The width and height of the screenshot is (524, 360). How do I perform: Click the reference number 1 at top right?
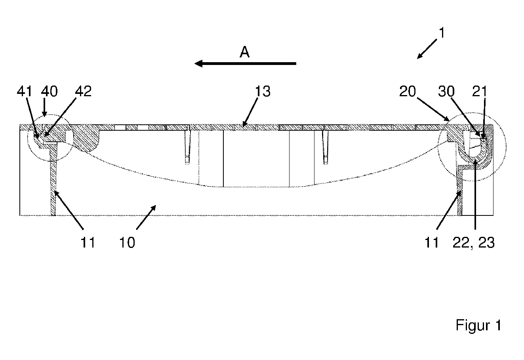click(442, 33)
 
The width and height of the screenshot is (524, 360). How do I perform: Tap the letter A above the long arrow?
click(245, 52)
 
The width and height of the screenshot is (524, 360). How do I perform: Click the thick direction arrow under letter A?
click(246, 63)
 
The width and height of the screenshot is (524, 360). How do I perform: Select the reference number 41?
click(24, 91)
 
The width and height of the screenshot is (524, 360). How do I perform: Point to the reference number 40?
click(50, 91)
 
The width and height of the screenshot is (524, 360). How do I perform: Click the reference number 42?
click(83, 91)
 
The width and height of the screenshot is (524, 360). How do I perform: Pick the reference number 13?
click(263, 91)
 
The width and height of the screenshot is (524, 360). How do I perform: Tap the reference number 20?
click(408, 91)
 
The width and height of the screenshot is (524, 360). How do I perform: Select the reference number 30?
click(446, 91)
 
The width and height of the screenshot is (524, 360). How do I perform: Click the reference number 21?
click(480, 91)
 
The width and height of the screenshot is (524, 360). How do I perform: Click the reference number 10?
click(127, 242)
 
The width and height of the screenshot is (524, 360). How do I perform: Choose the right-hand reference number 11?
click(432, 242)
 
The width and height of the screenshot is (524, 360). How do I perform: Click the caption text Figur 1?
click(478, 325)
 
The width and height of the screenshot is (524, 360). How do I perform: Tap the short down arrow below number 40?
click(44, 107)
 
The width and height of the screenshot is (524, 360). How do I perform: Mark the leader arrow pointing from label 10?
click(146, 217)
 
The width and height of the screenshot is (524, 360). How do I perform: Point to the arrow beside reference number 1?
click(427, 49)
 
